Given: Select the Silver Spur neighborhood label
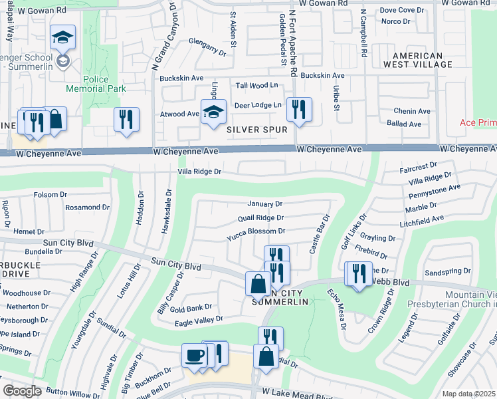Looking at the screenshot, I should (x=258, y=130).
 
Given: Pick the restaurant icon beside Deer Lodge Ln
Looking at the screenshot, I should (x=299, y=110).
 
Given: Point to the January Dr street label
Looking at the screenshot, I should (x=265, y=203).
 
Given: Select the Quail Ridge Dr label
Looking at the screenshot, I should (x=260, y=217).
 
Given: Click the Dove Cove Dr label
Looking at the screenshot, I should (x=401, y=10).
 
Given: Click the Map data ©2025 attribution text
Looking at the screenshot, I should (x=468, y=394).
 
